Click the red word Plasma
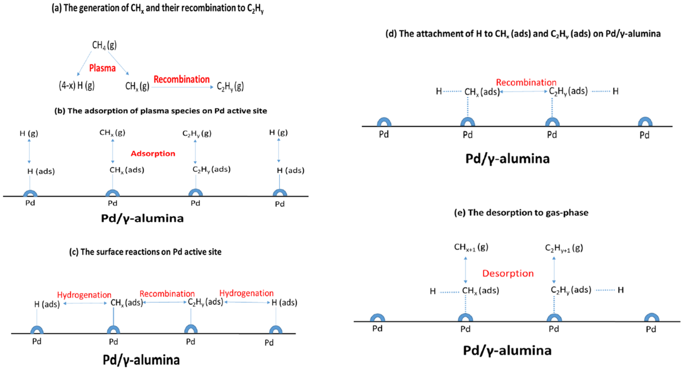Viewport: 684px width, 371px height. click(102, 68)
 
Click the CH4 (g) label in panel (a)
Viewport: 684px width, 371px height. click(104, 45)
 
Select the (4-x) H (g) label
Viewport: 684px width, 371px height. click(76, 86)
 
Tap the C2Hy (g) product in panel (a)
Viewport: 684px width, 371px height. click(230, 86)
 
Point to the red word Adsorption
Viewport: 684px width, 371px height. click(153, 154)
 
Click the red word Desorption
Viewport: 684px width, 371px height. click(508, 273)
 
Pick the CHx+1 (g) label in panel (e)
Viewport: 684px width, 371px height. click(471, 247)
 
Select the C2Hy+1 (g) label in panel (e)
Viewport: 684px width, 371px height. click(564, 248)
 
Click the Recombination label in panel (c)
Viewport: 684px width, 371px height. click(167, 294)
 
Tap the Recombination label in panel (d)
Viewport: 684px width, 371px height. click(526, 82)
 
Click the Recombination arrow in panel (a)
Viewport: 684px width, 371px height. click(182, 87)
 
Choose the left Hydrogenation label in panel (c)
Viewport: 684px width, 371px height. click(84, 295)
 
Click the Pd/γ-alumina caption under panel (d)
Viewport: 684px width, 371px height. click(507, 159)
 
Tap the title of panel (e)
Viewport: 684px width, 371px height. click(521, 213)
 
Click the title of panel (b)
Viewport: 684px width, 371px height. click(161, 111)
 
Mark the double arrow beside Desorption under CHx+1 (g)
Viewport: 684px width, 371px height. click(465, 270)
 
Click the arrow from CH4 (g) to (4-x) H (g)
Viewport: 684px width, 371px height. click(84, 63)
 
